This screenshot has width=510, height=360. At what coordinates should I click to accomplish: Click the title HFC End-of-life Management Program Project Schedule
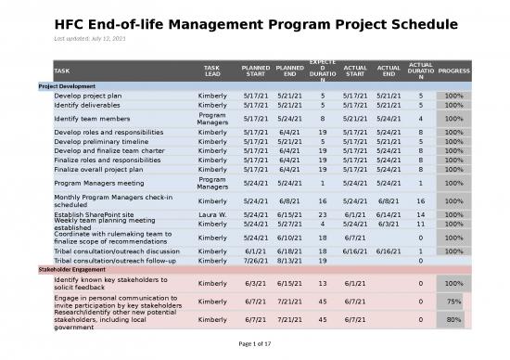point(254,25)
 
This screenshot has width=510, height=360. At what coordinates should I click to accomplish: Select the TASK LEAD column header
point(212,71)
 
